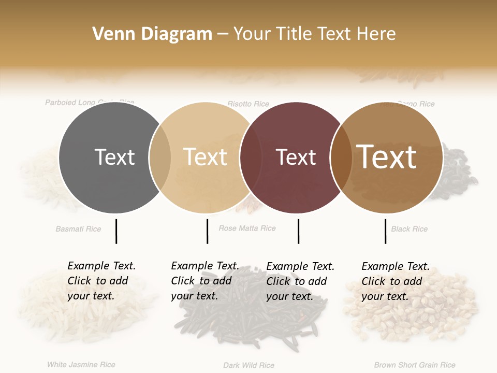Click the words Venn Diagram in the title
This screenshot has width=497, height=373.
[152, 34]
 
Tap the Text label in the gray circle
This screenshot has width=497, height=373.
[114, 157]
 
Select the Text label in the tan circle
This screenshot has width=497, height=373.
[206, 157]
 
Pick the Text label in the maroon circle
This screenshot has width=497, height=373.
[296, 157]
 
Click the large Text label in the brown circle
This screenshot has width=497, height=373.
[387, 157]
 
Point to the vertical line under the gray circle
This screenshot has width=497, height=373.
[116, 231]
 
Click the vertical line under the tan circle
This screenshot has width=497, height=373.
[207, 231]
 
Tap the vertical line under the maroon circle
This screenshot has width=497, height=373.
[298, 231]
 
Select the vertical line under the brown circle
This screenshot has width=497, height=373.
[385, 231]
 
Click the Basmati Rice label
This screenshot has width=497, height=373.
[78, 229]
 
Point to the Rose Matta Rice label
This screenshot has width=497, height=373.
[247, 228]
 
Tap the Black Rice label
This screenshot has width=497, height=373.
[409, 229]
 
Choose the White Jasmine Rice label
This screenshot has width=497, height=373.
[81, 365]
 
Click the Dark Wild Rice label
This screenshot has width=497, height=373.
[248, 365]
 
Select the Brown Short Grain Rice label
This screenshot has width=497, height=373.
[415, 365]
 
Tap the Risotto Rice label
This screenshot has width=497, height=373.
[248, 104]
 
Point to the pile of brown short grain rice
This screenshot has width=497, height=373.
[412, 306]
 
